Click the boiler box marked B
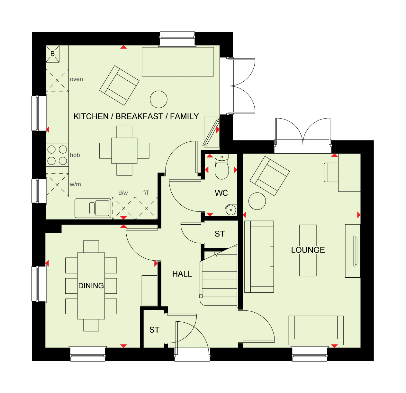[53, 54]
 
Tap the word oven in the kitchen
[77, 79]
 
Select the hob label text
[75, 155]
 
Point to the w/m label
[75, 184]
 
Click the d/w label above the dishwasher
[123, 193]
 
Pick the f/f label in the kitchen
[146, 192]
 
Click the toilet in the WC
[221, 167]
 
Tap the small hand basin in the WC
[231, 210]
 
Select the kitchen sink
[93, 208]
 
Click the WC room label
[221, 193]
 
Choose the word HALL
[182, 274]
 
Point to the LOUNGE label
[308, 250]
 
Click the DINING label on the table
[91, 286]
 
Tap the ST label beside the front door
[154, 330]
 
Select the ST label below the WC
[220, 234]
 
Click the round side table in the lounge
[257, 201]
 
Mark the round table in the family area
[158, 99]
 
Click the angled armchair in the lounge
[270, 176]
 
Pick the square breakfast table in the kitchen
[124, 151]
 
